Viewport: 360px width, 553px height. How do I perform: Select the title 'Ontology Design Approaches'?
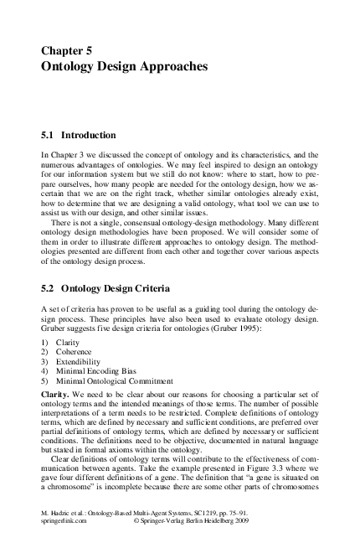point(123,65)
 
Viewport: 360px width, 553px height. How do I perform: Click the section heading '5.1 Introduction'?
point(79,135)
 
